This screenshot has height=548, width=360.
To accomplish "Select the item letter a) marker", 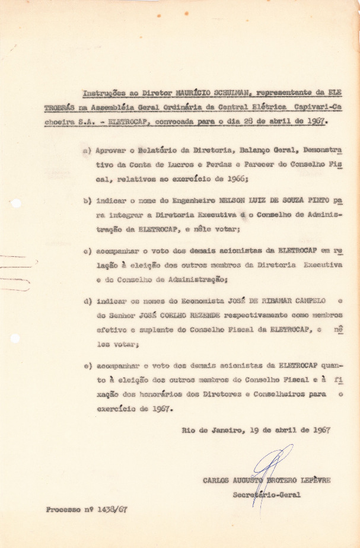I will pyautogui.click(x=87, y=151).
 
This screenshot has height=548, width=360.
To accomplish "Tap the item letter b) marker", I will pyautogui.click(x=87, y=201).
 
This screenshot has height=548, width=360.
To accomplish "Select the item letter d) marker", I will pyautogui.click(x=87, y=301).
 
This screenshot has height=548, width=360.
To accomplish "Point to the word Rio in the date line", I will pyautogui.click(x=189, y=430).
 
